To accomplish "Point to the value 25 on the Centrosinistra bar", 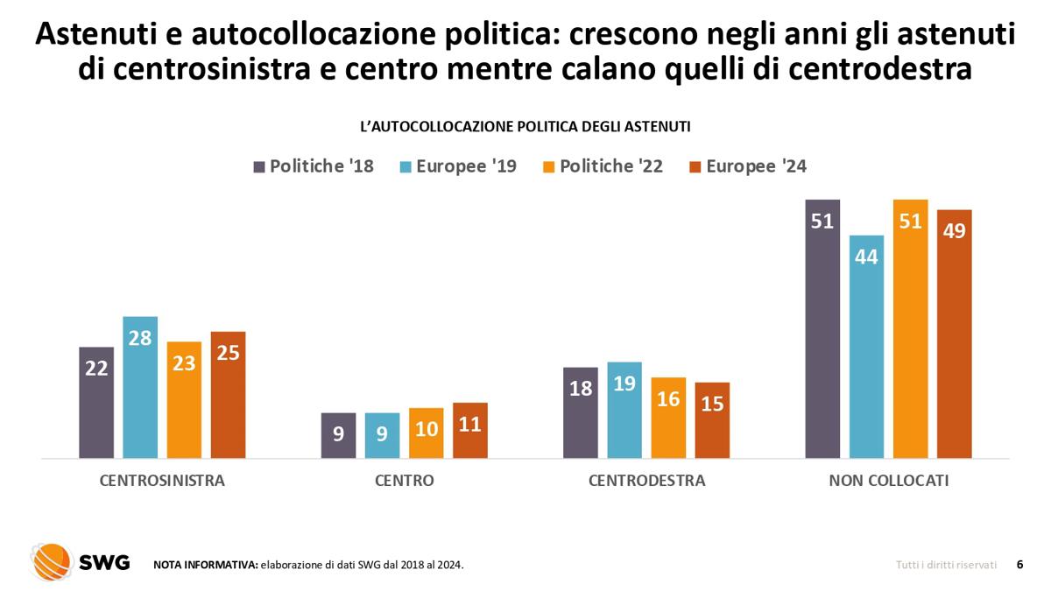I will click(228, 354).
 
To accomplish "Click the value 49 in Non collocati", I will click(954, 231).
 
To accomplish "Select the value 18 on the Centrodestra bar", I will click(581, 388).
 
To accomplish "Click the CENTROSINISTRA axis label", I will click(162, 481).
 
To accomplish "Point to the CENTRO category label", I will click(404, 481).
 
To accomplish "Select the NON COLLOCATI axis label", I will click(888, 481).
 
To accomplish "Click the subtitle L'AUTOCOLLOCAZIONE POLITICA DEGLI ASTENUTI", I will click(525, 127).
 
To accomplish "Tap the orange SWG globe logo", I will click(51, 563).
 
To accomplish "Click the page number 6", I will click(1019, 565).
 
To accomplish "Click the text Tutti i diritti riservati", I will click(946, 566).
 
